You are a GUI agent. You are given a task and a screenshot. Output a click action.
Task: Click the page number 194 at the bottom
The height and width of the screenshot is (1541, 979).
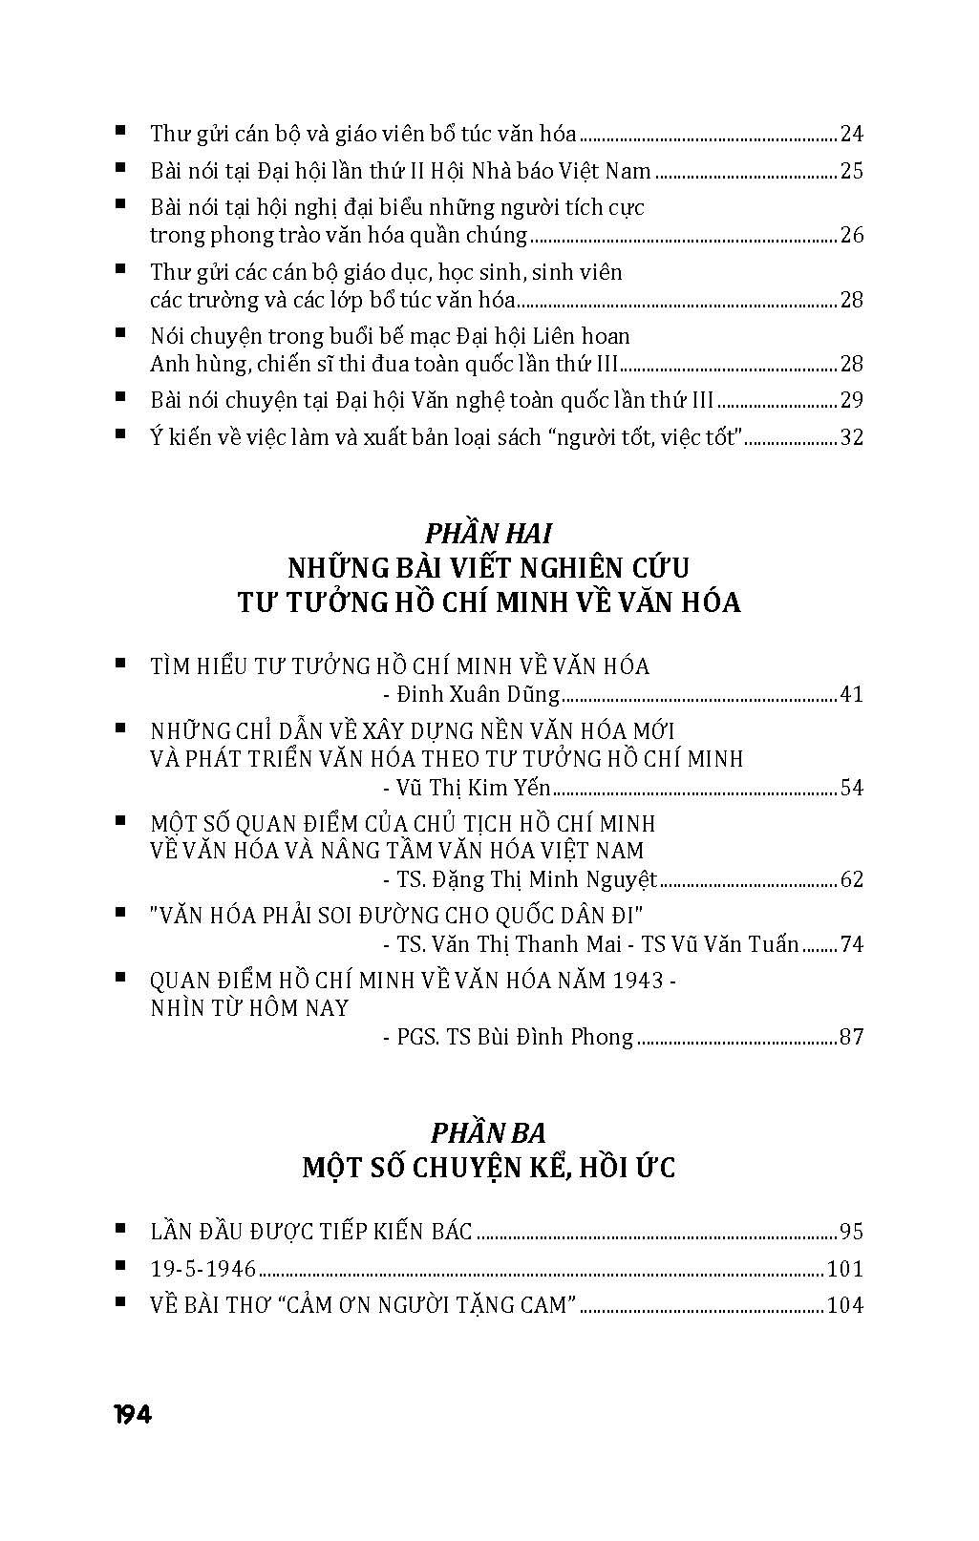pyautogui.click(x=132, y=1415)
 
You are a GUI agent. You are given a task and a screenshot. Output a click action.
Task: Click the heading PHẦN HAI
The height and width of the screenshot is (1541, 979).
pyautogui.click(x=489, y=533)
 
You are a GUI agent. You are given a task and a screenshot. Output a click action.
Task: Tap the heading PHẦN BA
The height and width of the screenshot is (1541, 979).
pyautogui.click(x=488, y=1132)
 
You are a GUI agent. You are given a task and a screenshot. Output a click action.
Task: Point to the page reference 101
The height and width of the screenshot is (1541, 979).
pyautogui.click(x=845, y=1269)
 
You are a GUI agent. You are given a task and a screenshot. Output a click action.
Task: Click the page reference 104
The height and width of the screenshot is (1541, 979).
pyautogui.click(x=845, y=1305)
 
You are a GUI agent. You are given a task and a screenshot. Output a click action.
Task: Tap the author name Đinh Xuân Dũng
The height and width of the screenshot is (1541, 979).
pyautogui.click(x=478, y=694)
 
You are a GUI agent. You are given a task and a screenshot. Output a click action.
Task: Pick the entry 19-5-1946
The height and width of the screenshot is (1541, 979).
pyautogui.click(x=203, y=1269)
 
